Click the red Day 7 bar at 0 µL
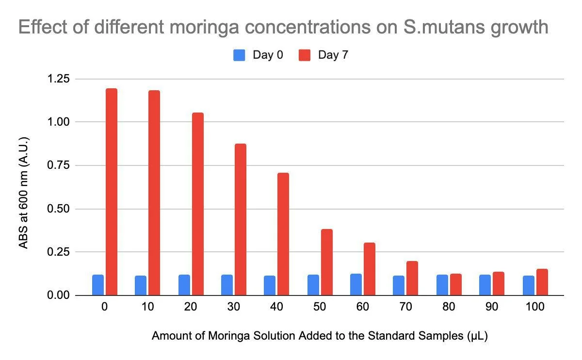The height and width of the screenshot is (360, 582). click(x=112, y=192)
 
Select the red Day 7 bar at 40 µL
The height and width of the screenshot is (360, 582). click(x=283, y=234)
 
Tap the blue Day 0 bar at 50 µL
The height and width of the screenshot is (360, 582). click(x=313, y=285)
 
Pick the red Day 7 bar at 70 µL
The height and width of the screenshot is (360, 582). click(x=412, y=278)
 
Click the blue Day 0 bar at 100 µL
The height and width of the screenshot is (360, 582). click(x=529, y=285)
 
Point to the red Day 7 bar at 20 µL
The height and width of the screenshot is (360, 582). click(x=198, y=204)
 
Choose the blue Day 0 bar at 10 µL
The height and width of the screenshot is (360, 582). click(x=141, y=285)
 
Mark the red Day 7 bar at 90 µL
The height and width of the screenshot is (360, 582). click(x=499, y=283)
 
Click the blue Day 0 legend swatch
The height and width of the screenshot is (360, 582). click(x=239, y=55)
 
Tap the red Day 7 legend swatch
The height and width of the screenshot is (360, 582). click(x=305, y=55)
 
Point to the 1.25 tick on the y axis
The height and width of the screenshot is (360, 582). click(x=59, y=79)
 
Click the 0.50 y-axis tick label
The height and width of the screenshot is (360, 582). click(x=59, y=209)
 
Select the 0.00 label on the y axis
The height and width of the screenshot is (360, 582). click(x=59, y=295)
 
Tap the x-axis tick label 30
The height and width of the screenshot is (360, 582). click(x=234, y=307)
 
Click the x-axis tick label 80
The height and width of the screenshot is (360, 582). click(x=449, y=307)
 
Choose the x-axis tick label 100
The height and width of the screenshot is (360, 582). click(x=535, y=307)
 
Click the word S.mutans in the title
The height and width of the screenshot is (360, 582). click(x=444, y=27)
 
